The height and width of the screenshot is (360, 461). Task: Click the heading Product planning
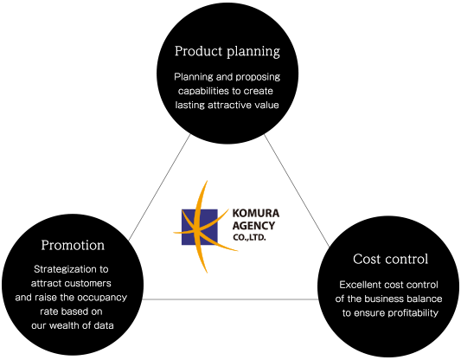(227, 51)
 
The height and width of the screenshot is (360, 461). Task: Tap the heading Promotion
(73, 245)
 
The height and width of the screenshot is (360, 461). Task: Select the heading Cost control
(390, 259)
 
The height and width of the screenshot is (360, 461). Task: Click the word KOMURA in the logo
(256, 213)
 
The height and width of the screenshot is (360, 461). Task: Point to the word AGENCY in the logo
(253, 226)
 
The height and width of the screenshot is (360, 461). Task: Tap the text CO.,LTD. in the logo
(249, 237)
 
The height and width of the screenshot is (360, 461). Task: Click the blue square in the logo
(199, 227)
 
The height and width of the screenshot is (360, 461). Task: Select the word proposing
(258, 77)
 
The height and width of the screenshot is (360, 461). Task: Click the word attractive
(226, 105)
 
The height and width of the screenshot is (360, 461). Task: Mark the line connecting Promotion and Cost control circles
(230, 299)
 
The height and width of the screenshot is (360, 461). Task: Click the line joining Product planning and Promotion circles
(160, 187)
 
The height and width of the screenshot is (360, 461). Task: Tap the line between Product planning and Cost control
(297, 190)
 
